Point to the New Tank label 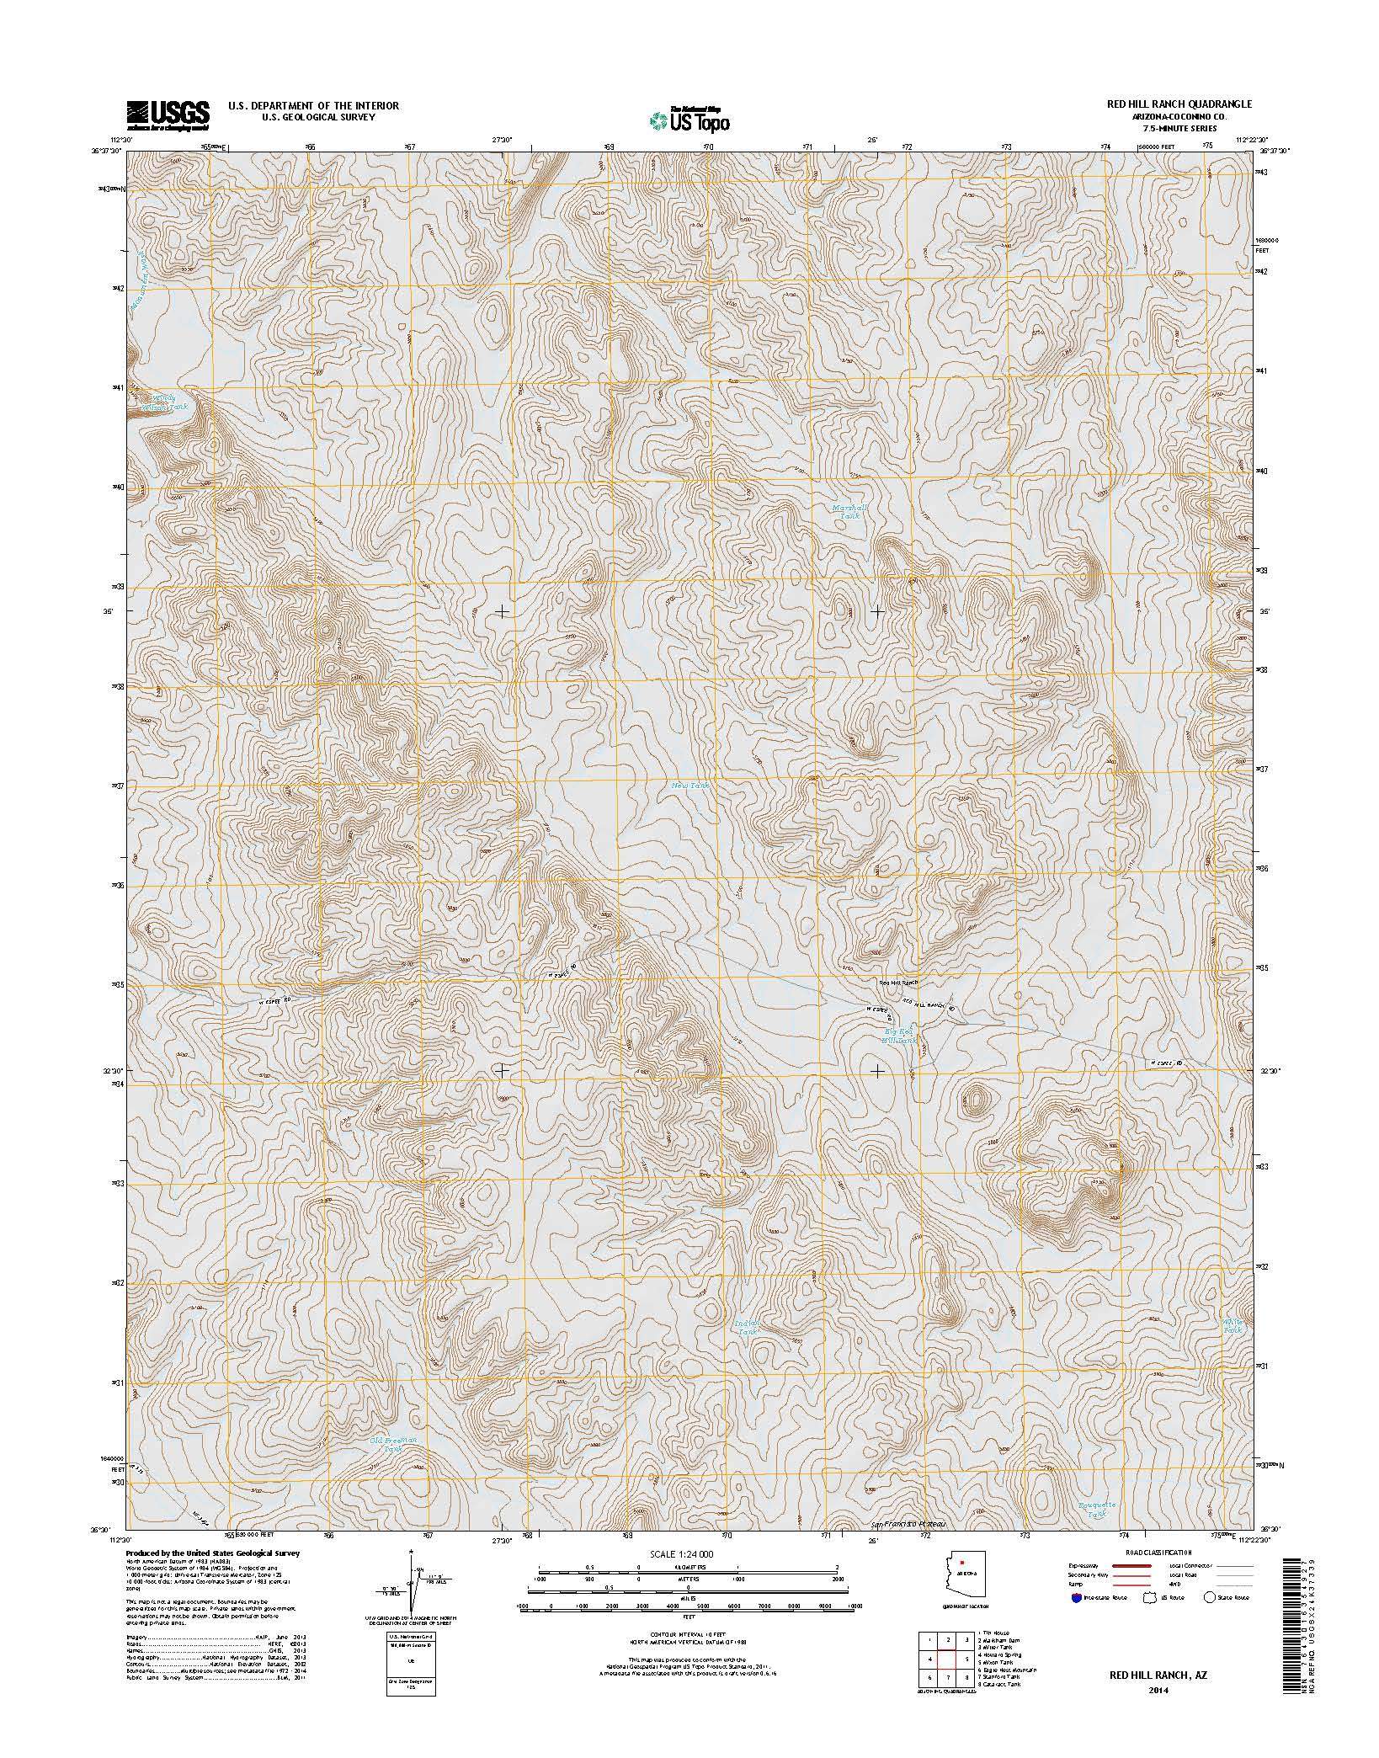[690, 786]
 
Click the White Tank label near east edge [1232, 1326]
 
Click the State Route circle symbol [1210, 1620]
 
